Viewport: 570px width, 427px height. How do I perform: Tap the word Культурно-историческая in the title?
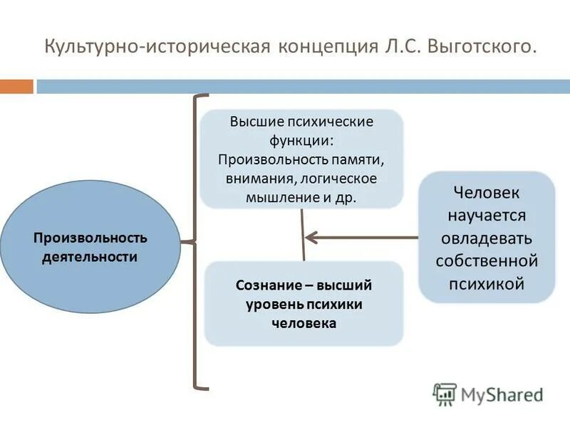point(155,48)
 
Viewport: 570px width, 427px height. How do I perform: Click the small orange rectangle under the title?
point(16,87)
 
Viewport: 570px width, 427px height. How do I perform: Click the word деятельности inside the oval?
point(90,256)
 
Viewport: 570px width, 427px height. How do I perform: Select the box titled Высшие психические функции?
point(301,159)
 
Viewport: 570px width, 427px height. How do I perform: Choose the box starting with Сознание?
point(304,304)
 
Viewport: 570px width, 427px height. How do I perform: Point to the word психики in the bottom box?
point(336,304)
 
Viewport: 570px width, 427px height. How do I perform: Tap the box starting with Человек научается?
point(487,237)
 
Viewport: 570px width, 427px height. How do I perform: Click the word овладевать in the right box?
point(487,238)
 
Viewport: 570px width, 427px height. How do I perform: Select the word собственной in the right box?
point(487,260)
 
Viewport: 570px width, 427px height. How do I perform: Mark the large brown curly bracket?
point(194,242)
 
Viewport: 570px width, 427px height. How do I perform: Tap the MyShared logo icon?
point(445,394)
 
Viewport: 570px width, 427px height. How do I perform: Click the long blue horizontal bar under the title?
point(303,87)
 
